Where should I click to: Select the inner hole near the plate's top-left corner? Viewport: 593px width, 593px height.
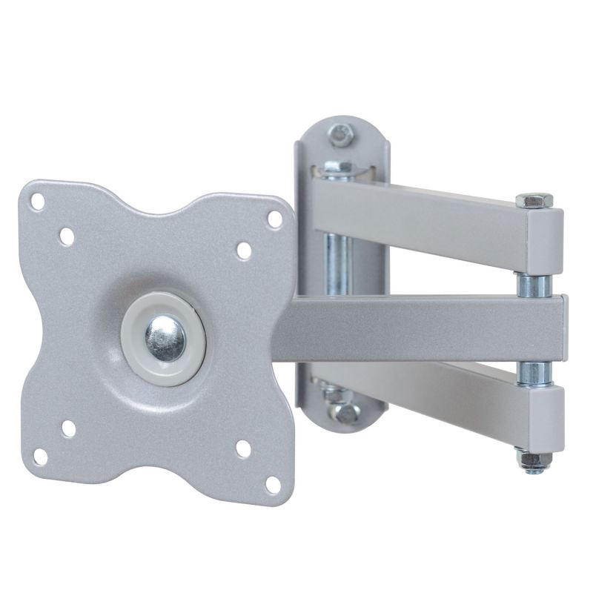pos(66,236)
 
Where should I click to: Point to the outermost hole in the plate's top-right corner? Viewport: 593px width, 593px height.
pos(274,219)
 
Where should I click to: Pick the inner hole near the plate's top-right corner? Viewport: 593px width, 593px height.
pos(244,251)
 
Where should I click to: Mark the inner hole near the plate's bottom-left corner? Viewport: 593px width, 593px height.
pos(68,428)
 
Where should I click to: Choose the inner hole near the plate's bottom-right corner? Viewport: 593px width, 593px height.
pos(242,449)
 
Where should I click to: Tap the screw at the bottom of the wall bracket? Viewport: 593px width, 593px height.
pos(342,412)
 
